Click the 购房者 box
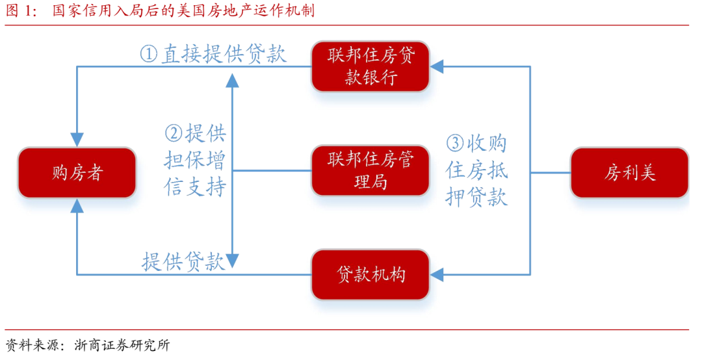(77, 173)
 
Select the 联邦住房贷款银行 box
(370, 67)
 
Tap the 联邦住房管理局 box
(370, 171)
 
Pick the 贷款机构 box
(370, 274)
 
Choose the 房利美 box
(629, 173)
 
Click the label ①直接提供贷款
(213, 53)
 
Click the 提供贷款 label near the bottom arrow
(183, 262)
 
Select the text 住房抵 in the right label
(476, 170)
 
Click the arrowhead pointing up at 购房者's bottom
(77, 206)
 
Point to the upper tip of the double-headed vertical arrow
(232, 79)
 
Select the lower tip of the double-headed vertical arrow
(232, 263)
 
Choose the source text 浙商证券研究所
(122, 345)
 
